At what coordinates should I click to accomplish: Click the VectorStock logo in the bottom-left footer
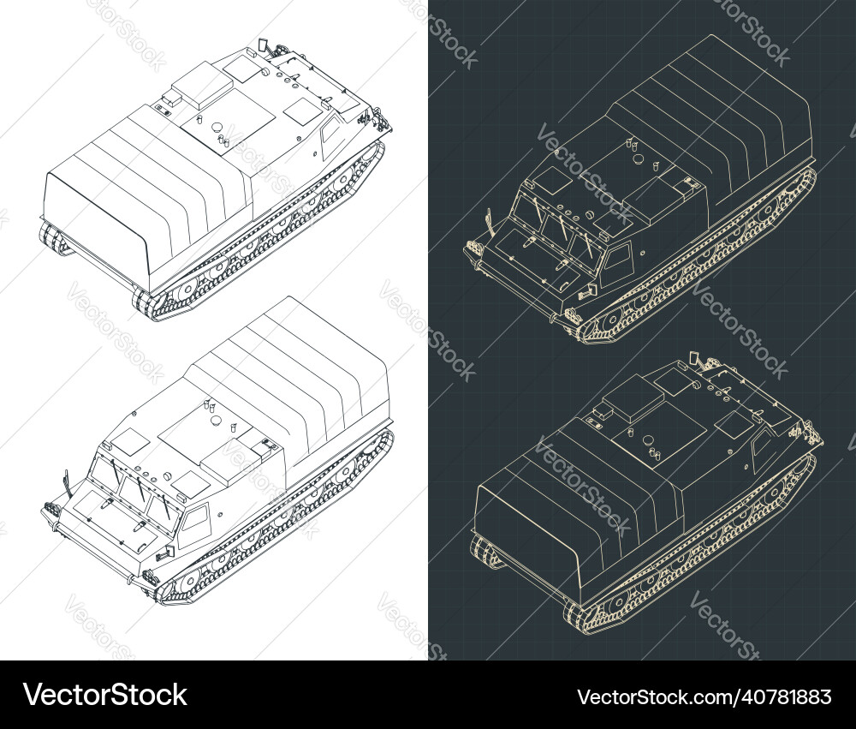click(x=104, y=695)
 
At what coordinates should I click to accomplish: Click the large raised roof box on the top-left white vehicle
click(x=202, y=83)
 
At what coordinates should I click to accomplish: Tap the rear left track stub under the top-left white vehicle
click(x=56, y=240)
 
